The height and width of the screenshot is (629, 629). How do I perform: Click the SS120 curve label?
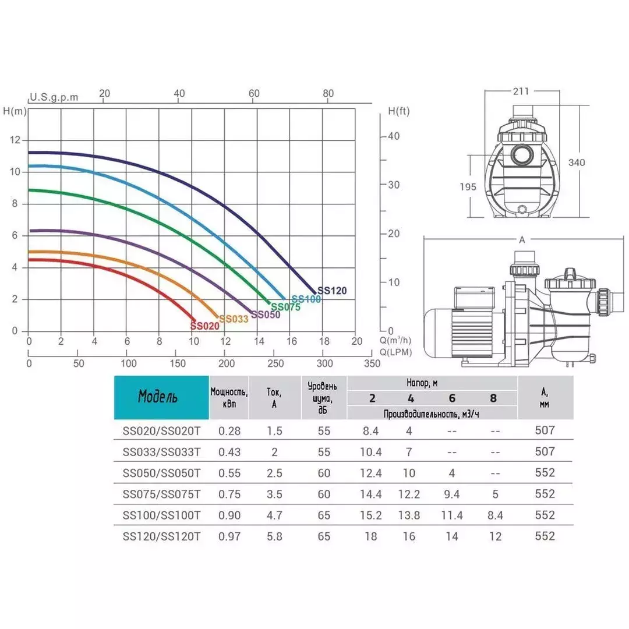(x=332, y=291)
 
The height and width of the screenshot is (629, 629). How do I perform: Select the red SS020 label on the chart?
(x=204, y=326)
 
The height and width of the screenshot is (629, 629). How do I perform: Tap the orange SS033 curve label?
(x=234, y=319)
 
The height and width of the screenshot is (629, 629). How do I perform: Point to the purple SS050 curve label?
(x=266, y=314)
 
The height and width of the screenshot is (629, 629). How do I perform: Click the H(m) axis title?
(x=15, y=111)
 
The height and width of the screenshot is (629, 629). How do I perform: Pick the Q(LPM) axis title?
(x=395, y=352)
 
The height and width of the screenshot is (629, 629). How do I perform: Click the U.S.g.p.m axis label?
(x=54, y=97)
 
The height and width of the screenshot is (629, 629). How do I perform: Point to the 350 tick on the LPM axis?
(x=372, y=363)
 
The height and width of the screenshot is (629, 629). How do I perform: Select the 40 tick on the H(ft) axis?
(x=394, y=136)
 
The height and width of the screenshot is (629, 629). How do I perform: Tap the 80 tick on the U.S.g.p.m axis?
(x=328, y=93)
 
